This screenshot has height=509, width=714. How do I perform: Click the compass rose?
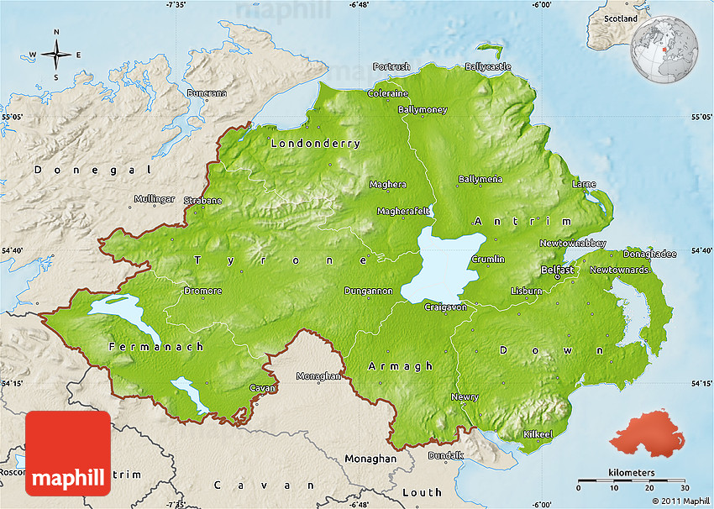[56, 55]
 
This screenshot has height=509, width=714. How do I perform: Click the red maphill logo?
[68, 454]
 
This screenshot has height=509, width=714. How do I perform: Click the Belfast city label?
[558, 270]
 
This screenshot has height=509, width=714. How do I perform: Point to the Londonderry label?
[315, 144]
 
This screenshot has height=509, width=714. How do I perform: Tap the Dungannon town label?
[368, 291]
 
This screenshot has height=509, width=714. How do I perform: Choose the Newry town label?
[465, 396]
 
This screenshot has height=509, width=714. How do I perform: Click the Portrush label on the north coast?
[391, 66]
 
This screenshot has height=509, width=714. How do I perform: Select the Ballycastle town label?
[487, 66]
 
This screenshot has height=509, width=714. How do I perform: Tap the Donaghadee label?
[649, 254]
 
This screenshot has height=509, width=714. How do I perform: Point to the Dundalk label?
[445, 455]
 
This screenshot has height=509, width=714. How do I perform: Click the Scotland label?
[621, 18]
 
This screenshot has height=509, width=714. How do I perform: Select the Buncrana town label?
[207, 93]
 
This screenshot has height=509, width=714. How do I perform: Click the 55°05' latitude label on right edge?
[701, 118]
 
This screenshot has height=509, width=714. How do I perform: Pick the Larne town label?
[584, 184]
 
